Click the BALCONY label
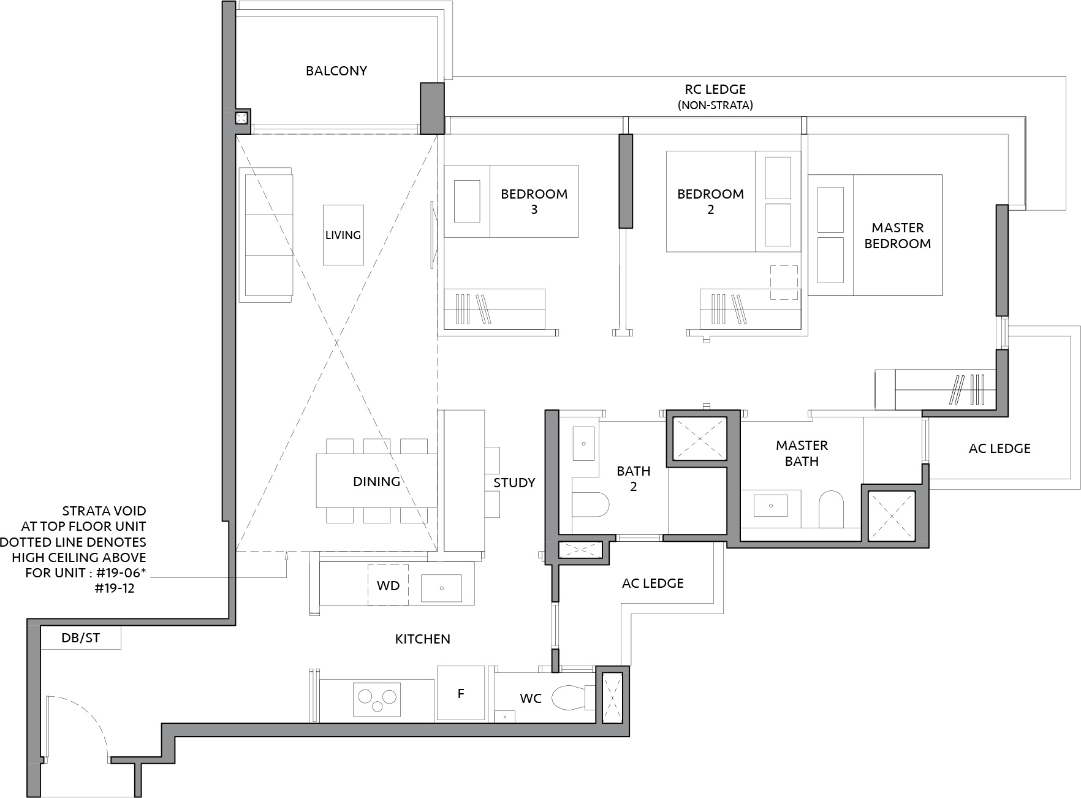(336, 71)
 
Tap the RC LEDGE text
(715, 89)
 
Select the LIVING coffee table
(343, 235)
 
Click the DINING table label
(376, 482)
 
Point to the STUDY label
(514, 483)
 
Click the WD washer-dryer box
(388, 585)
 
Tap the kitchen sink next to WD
(441, 588)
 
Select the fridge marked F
(461, 693)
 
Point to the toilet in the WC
(573, 697)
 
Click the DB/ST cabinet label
(80, 638)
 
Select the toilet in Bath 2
(590, 506)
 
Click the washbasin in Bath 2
(583, 443)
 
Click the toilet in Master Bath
(832, 508)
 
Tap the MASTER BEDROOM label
(898, 235)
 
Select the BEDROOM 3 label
(534, 202)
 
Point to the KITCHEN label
(423, 639)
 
